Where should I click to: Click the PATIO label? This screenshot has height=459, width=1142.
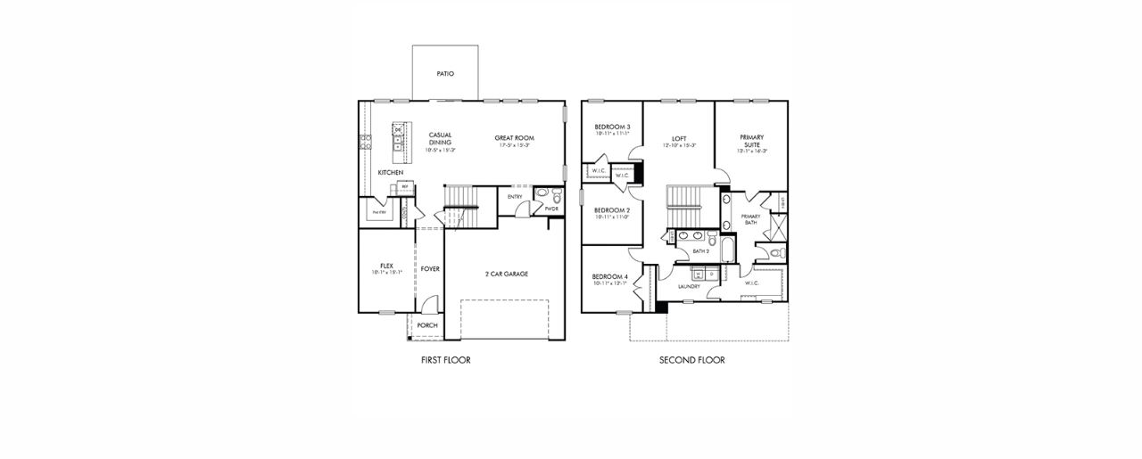coord(445,74)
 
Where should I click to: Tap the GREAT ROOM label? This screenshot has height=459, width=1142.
coord(516,138)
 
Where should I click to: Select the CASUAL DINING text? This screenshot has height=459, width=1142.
coord(439,139)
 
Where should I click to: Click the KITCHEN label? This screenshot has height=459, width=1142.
coord(390,172)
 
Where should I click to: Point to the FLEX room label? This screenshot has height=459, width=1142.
coord(386,266)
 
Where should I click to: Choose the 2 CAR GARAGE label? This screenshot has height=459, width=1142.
coord(506,274)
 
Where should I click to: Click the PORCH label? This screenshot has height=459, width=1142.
coord(427,325)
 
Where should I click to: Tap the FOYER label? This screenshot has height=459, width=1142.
coord(430,268)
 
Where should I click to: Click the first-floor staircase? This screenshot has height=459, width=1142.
coord(462,200)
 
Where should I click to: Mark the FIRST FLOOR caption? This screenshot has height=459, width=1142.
coord(445,360)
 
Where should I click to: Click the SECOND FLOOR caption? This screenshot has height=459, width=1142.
coord(691,360)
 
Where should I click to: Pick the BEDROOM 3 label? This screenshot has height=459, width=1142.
coord(612,127)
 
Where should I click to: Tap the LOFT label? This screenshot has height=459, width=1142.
coord(678,139)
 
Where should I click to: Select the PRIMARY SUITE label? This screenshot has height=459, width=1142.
coord(751,141)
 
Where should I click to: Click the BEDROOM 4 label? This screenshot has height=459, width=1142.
coord(610,277)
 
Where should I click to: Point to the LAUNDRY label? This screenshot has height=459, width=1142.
coord(688,286)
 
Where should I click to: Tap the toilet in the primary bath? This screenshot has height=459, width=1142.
coord(775,254)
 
